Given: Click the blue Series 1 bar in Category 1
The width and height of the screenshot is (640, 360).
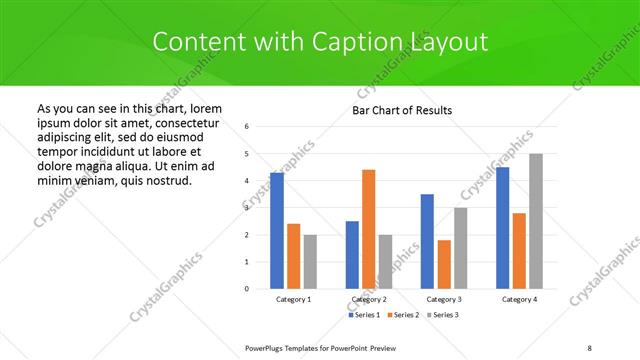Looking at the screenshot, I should (x=277, y=231).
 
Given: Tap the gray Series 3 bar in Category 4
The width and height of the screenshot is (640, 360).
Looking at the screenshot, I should (x=536, y=221).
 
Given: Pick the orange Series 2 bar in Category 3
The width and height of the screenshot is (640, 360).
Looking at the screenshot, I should (x=444, y=264).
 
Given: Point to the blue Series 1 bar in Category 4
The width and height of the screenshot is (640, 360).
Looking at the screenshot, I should (x=503, y=228).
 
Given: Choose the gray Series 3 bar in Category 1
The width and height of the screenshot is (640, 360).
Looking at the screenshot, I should (x=310, y=262).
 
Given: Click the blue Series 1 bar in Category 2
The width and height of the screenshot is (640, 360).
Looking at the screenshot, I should (x=352, y=255).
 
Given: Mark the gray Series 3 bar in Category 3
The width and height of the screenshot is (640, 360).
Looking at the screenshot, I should (x=460, y=248).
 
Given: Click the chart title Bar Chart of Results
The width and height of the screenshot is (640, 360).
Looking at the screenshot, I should (x=403, y=110).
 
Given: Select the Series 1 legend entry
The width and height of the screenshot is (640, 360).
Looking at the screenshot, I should (x=364, y=315).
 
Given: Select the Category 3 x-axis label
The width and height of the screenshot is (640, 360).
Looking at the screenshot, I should (x=444, y=300).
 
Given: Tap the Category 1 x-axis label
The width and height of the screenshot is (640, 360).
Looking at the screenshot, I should (x=293, y=300).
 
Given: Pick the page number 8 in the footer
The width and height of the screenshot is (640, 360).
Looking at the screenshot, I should (x=589, y=347).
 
